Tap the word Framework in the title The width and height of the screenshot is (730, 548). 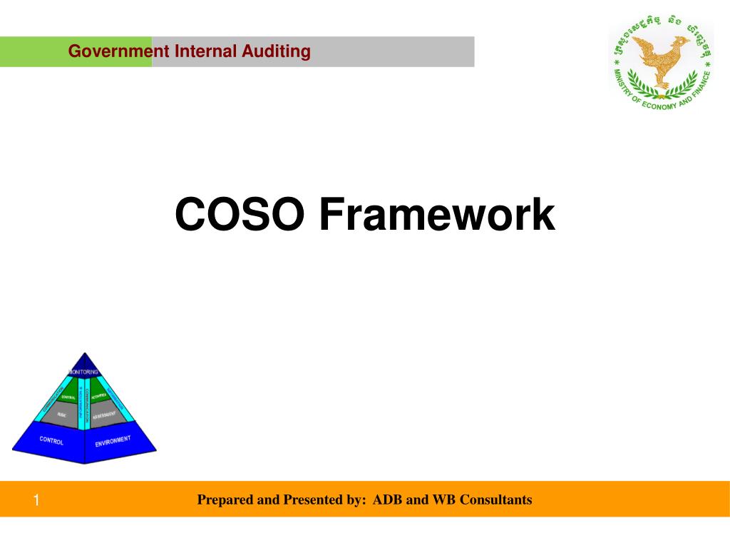tap(437, 215)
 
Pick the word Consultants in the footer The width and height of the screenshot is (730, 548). tap(496, 499)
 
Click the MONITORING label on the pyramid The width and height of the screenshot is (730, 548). tap(84, 372)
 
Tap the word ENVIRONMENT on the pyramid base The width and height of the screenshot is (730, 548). tap(113, 441)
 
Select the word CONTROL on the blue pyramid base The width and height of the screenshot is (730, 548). tap(51, 441)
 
